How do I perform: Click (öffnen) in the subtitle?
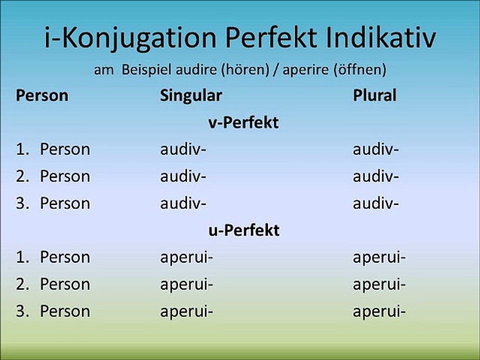pyautogui.click(x=359, y=70)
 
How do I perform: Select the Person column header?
pyautogui.click(x=42, y=95)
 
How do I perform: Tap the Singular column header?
pyautogui.click(x=190, y=95)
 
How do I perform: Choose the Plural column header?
pyautogui.click(x=374, y=95)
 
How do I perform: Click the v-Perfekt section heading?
pyautogui.click(x=243, y=123)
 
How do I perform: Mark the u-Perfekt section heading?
pyautogui.click(x=243, y=230)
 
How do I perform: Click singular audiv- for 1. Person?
pyautogui.click(x=183, y=149)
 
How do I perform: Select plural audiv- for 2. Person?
pyautogui.click(x=375, y=176)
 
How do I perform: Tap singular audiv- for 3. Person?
pyautogui.click(x=183, y=203)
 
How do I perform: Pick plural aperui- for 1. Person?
pyautogui.click(x=379, y=257)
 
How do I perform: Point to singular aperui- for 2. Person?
pyautogui.click(x=186, y=284)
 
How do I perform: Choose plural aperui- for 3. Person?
pyautogui.click(x=379, y=311)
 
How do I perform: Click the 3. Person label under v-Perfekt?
pyautogui.click(x=53, y=203)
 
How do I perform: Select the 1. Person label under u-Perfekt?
pyautogui.click(x=53, y=257)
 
